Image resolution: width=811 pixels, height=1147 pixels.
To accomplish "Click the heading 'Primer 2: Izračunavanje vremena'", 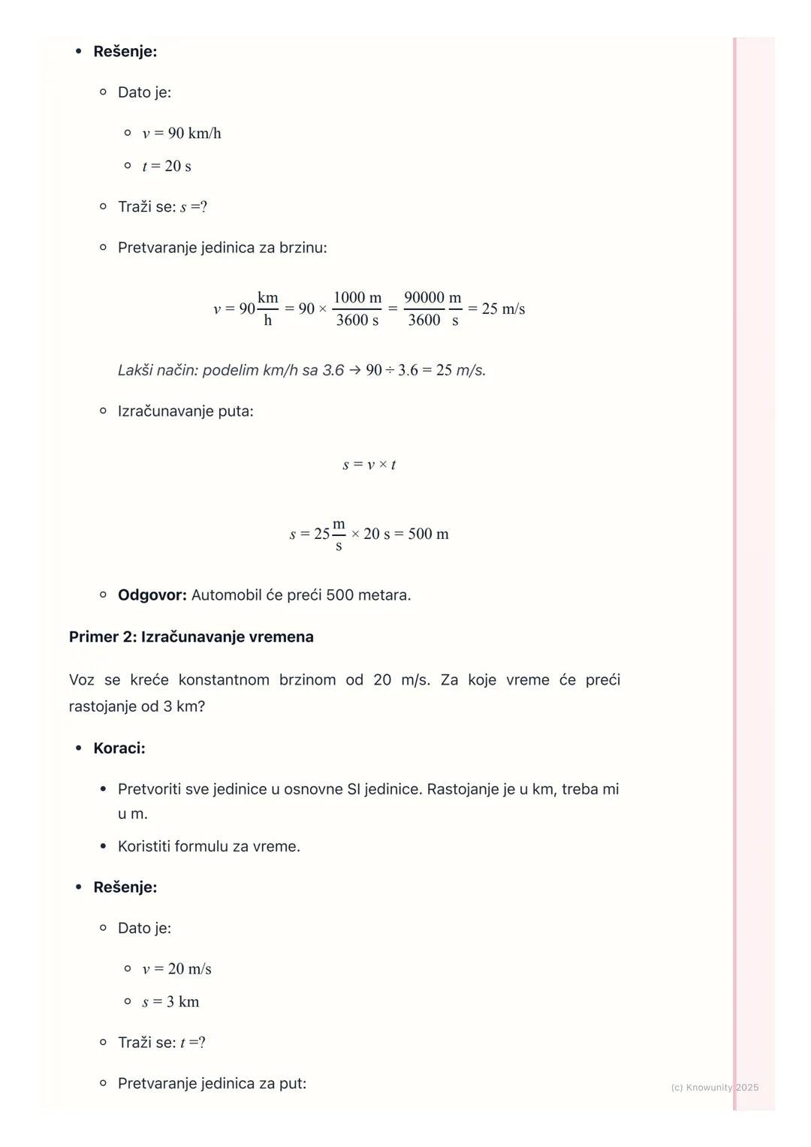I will (191, 637).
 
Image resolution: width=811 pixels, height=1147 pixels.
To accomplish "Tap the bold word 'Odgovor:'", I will (152, 595).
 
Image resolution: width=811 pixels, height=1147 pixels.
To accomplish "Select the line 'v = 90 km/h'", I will (182, 134).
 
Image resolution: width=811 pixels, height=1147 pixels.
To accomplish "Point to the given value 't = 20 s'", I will (167, 167).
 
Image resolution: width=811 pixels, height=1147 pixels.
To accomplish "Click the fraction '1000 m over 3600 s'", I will (357, 309).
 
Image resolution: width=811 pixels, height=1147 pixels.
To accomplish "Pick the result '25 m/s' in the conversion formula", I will (503, 309).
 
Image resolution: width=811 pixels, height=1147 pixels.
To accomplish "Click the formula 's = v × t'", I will (369, 465).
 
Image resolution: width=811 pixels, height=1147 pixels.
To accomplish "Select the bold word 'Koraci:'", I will (119, 748).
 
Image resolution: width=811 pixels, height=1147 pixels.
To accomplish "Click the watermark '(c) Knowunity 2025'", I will (714, 1087).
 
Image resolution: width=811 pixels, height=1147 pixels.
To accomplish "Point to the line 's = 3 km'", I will (170, 1002).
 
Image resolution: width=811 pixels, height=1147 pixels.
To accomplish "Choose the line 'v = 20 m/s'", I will (176, 969).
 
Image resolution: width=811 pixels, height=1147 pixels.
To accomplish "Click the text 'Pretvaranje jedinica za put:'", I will (212, 1083).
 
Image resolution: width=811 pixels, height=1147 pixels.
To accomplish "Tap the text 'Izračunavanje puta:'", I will (185, 411).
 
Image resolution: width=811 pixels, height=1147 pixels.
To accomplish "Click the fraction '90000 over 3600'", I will (424, 309).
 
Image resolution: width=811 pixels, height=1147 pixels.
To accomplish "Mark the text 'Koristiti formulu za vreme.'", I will (209, 847).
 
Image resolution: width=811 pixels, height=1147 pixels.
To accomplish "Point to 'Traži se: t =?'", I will (161, 1043).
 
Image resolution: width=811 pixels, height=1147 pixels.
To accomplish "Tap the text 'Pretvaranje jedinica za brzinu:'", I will (222, 248).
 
